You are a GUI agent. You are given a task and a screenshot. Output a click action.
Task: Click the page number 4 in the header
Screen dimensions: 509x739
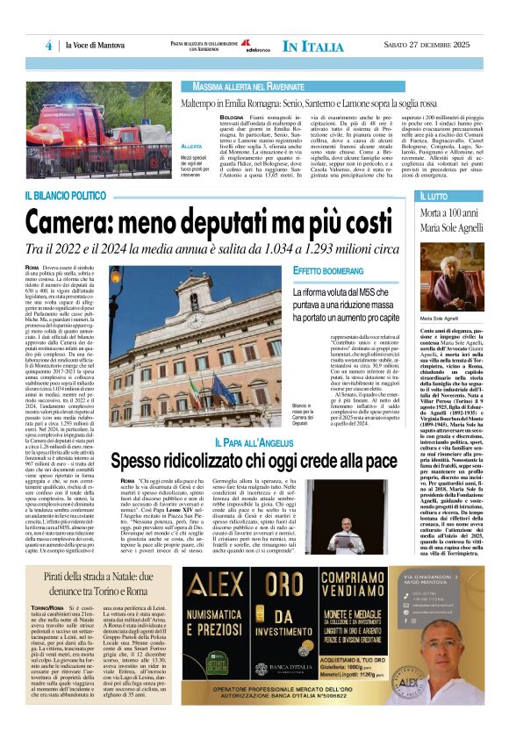[x=48, y=46]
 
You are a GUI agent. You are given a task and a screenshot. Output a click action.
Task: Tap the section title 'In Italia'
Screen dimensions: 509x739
[x=312, y=46]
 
